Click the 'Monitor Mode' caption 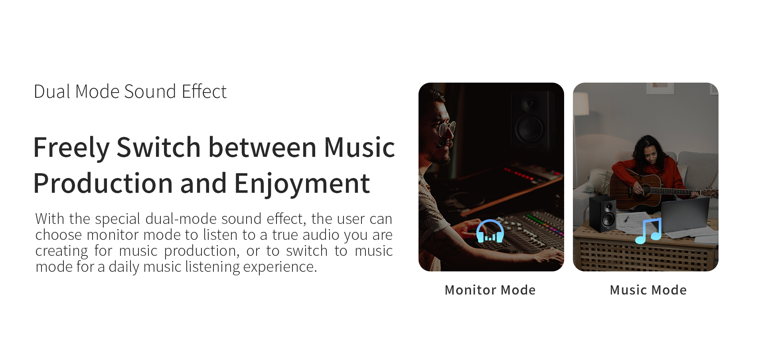tap(490, 290)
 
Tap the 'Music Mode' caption tap(648, 290)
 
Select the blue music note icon tap(648, 231)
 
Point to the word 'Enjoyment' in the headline tap(302, 184)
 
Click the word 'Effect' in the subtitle tap(204, 91)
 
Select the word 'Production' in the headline tap(103, 183)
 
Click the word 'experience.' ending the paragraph tap(280, 267)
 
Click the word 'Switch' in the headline tap(159, 147)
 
